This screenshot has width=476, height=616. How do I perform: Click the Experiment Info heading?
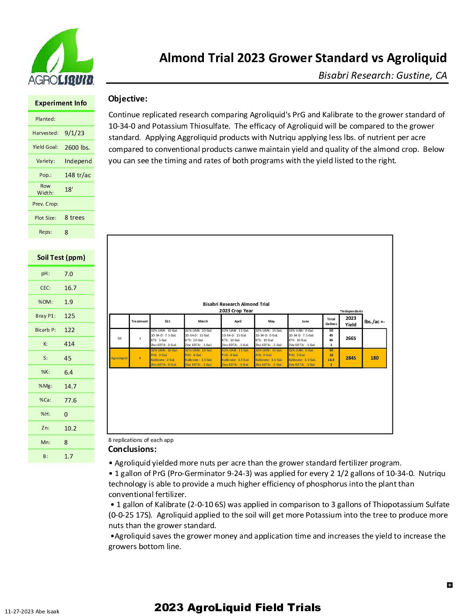click(x=61, y=103)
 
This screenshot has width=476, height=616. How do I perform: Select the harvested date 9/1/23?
click(x=74, y=133)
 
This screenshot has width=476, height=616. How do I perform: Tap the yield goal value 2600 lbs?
click(x=77, y=147)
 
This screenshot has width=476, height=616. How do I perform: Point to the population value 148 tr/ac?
click(x=78, y=175)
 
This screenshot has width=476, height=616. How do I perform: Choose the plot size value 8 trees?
click(x=74, y=217)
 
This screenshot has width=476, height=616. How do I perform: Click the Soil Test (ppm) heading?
click(x=61, y=257)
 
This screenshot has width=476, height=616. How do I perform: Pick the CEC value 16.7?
click(x=70, y=288)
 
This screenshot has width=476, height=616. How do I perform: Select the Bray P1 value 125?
click(x=70, y=316)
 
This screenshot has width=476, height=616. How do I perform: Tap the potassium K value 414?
click(x=69, y=344)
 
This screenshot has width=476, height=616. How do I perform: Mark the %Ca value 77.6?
click(x=70, y=400)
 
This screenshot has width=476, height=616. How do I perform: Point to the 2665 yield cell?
click(x=351, y=338)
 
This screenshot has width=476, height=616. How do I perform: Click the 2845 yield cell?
click(x=351, y=358)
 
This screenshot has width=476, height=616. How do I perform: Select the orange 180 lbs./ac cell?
click(x=374, y=358)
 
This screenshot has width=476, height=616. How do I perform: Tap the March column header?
click(x=203, y=321)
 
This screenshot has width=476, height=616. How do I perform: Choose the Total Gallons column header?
click(x=331, y=321)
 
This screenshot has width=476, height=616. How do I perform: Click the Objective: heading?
click(x=128, y=99)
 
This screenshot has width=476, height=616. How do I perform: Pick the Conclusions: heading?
click(x=132, y=449)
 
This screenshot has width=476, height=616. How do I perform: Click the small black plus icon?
click(x=450, y=585)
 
